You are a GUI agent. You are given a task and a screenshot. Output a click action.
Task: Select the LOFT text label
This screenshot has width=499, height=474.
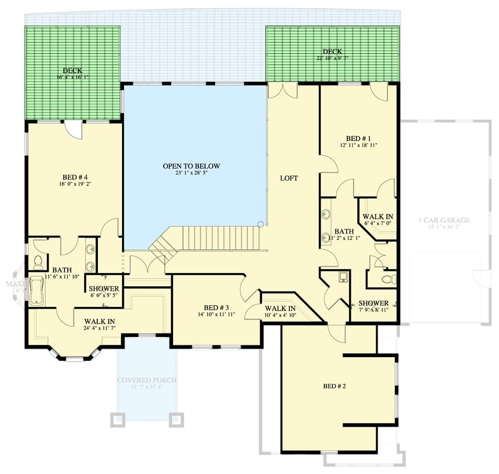289,178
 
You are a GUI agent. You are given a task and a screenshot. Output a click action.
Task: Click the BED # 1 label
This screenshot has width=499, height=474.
359,137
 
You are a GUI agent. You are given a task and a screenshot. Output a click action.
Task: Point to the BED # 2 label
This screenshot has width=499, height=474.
334,386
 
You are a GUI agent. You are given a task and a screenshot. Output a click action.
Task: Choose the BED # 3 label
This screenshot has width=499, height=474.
216,307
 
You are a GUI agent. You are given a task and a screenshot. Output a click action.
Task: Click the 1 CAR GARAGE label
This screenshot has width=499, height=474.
444,220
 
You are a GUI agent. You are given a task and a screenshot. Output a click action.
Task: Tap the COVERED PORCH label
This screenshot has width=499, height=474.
146,380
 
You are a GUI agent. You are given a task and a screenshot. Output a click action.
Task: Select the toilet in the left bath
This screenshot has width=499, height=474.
39,261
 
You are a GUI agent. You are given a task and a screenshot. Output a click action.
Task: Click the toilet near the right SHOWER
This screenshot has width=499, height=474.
388,278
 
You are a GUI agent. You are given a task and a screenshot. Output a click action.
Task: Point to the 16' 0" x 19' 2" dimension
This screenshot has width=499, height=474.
75,184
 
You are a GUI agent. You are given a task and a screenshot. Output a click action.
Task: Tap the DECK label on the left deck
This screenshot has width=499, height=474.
72,70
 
